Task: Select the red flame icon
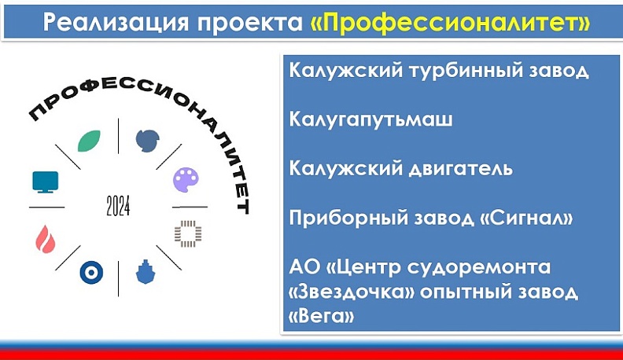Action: tap(44, 236)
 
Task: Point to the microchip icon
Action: tap(187, 233)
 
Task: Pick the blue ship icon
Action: tap(146, 272)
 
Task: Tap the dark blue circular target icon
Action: tap(91, 273)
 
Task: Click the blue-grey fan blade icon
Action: tap(147, 140)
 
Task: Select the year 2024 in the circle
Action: tap(117, 207)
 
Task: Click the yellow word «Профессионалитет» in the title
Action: tap(450, 21)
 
